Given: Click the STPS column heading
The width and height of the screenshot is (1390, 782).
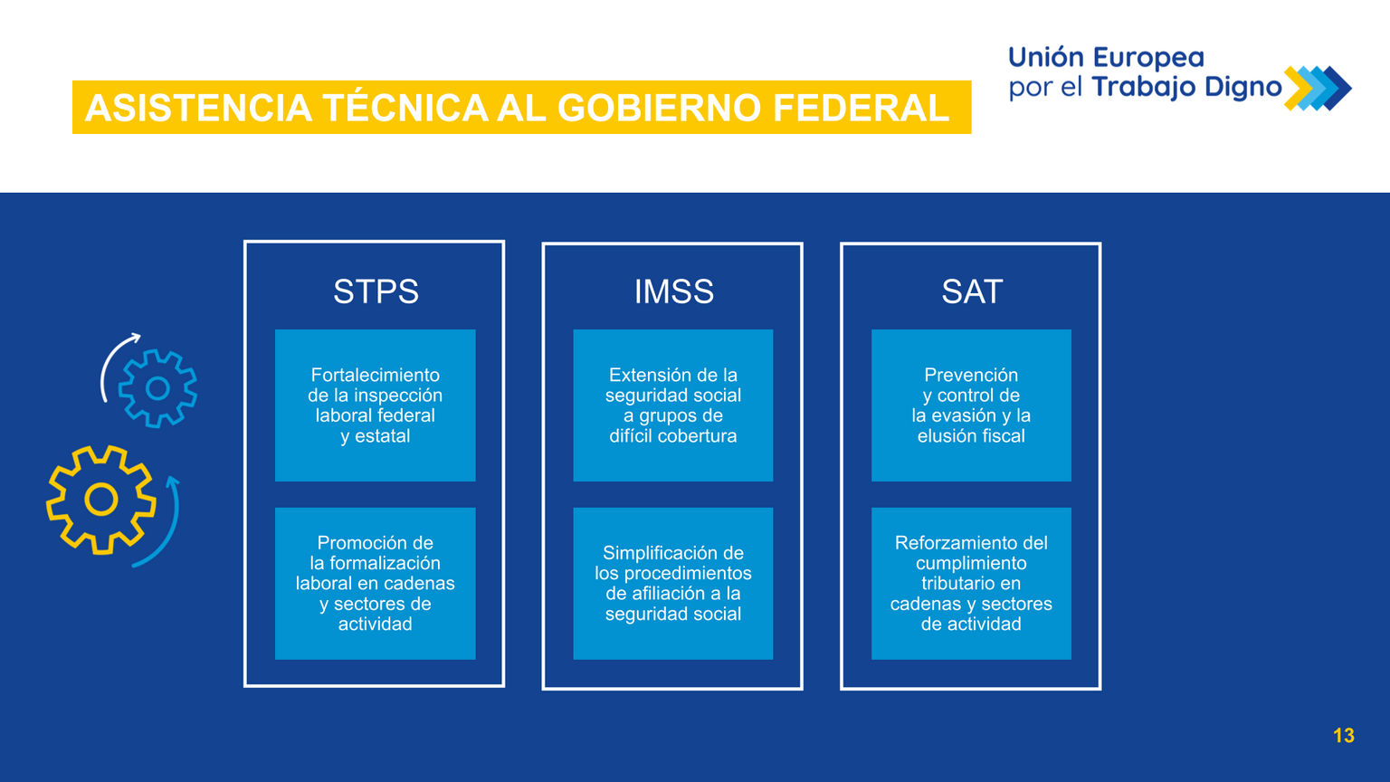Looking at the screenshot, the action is click(376, 291).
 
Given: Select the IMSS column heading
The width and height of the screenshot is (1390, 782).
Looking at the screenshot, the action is click(673, 291).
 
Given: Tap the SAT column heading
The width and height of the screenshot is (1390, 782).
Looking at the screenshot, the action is click(972, 291).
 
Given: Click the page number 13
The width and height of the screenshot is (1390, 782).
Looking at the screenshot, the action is click(1344, 736).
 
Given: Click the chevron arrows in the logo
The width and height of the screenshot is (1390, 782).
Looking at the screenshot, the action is click(1318, 88).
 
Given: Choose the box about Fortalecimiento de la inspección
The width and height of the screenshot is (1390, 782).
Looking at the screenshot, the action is click(375, 405).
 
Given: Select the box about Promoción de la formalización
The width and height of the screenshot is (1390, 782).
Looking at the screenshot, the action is click(375, 584).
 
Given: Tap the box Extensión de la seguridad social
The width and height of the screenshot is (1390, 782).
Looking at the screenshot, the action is click(673, 405).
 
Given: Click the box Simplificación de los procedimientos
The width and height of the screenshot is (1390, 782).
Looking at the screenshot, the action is click(673, 584).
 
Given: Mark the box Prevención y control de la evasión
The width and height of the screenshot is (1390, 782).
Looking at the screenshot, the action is click(971, 405).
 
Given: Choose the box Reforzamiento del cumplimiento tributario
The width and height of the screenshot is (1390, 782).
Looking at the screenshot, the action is click(971, 584).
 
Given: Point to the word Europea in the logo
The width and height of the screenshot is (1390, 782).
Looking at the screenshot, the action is click(1148, 57).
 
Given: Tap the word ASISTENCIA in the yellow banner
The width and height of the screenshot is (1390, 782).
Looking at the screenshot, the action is click(198, 108).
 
